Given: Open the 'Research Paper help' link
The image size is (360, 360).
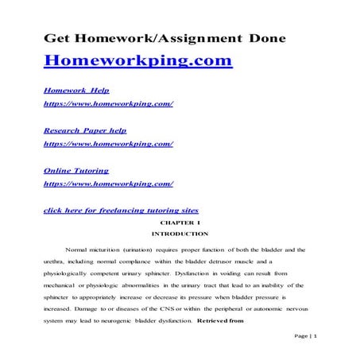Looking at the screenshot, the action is click(84, 130).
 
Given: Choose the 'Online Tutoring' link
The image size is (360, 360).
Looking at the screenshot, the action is click(76, 170).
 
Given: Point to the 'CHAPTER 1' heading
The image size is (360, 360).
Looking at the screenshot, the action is click(180, 223).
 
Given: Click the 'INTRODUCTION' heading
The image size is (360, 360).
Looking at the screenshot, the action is click(180, 234).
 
